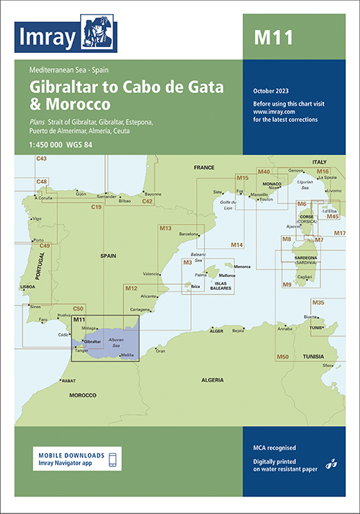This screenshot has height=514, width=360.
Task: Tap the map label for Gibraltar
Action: point(93,343)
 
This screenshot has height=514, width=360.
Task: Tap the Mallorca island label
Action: point(226,275)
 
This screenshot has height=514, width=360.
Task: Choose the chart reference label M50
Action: point(282,356)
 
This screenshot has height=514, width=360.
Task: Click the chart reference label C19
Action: point(96,208)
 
